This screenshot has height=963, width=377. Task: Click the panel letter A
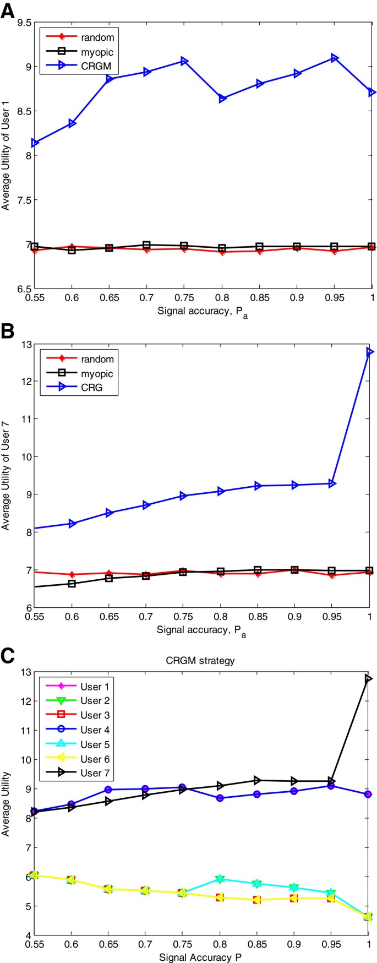pos(8,11)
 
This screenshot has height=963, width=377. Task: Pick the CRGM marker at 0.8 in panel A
pos(222,99)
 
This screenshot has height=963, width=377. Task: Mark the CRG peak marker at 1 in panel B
pos(370,351)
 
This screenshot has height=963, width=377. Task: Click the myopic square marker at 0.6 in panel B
pos(72,584)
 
